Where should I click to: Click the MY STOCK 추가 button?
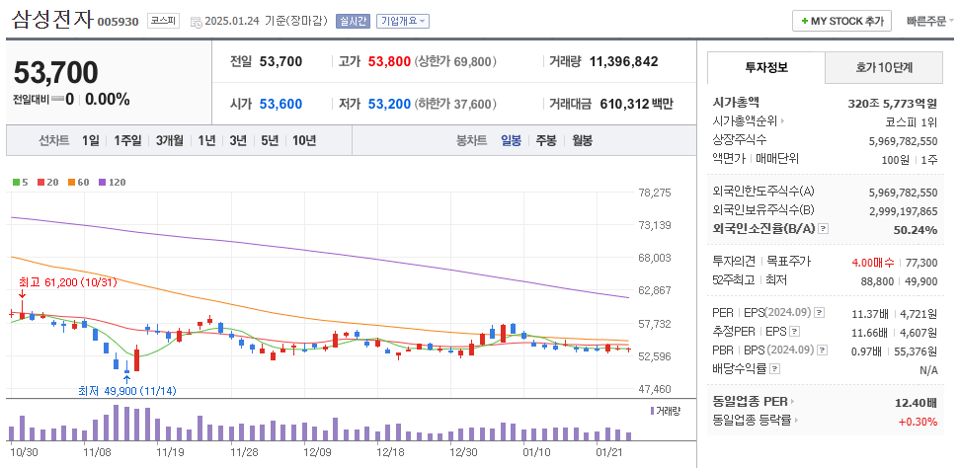pyautogui.click(x=841, y=21)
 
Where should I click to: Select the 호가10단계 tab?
pyautogui.click(x=884, y=68)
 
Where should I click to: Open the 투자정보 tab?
pyautogui.click(x=765, y=68)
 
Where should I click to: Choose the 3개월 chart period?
pyautogui.click(x=170, y=140)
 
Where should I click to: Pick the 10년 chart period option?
pyautogui.click(x=303, y=140)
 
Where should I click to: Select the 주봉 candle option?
pyautogui.click(x=546, y=140)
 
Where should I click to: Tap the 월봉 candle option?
pyautogui.click(x=582, y=140)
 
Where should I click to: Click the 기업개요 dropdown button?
pyautogui.click(x=405, y=21)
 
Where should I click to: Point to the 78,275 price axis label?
pyautogui.click(x=655, y=193)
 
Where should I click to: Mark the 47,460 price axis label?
pyautogui.click(x=655, y=389)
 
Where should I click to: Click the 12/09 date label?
pyautogui.click(x=317, y=451)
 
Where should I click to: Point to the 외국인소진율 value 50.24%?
pyautogui.click(x=914, y=230)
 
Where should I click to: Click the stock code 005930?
pyautogui.click(x=119, y=21)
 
